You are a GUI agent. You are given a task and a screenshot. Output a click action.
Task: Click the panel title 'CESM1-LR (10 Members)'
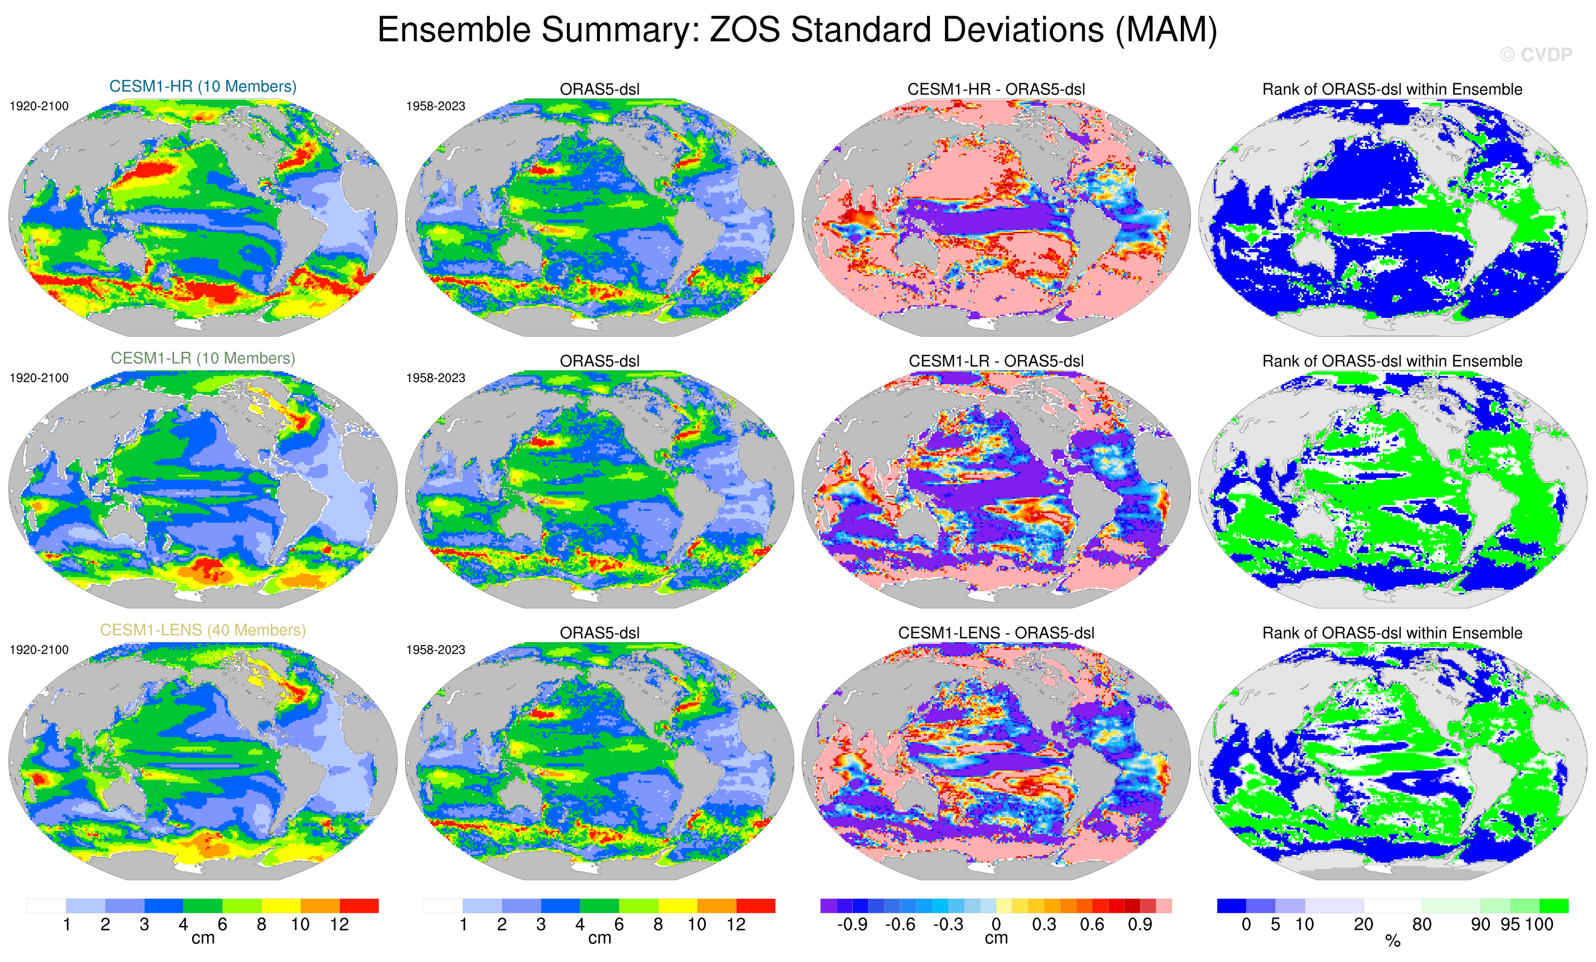203,358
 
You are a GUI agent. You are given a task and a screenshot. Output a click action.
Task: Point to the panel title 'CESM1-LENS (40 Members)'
203,630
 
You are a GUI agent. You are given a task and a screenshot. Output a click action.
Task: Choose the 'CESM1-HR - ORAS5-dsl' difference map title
996,89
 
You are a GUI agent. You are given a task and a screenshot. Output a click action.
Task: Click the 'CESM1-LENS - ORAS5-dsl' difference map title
996,633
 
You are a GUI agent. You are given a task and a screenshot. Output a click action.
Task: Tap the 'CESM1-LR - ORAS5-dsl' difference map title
996,361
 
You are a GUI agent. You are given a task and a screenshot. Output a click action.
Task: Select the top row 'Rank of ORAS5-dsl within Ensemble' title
1392,89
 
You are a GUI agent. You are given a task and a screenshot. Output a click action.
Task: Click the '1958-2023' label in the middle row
435,378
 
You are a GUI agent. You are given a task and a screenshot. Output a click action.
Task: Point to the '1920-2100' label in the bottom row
39,650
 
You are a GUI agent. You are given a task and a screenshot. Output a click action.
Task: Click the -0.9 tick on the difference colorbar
852,924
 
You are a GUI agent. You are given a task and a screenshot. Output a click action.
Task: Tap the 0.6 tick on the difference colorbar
1092,924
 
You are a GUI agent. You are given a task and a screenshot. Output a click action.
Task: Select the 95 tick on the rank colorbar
1510,924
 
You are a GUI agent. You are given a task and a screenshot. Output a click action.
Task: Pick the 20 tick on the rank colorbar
1363,924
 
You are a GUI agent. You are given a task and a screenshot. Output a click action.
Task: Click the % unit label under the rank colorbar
1392,941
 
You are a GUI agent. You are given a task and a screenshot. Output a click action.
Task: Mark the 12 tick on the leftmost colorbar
339,924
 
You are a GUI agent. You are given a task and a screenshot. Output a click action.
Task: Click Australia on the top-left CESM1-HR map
123,249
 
